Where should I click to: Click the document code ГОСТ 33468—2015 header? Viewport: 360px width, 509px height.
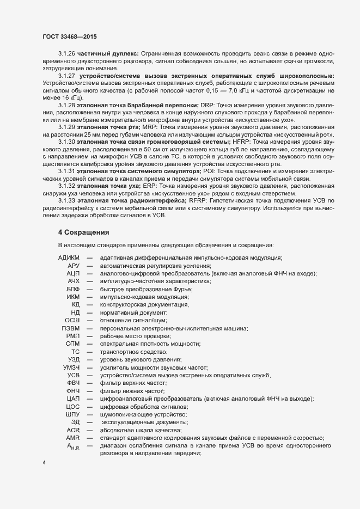[x=71, y=36]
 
